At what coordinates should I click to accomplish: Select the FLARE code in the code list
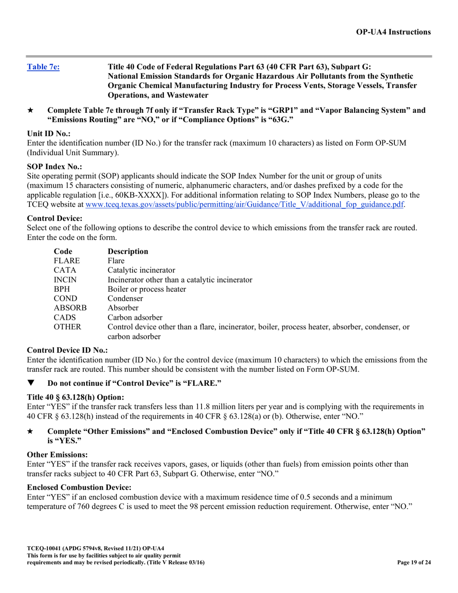pos(67,261)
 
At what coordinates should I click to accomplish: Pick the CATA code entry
pos(65,270)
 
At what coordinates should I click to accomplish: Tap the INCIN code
pos(66,280)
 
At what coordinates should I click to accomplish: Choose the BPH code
pos(62,289)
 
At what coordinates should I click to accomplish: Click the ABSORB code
pos(70,308)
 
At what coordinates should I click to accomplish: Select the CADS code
pos(65,317)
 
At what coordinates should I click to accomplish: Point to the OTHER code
pos(67,327)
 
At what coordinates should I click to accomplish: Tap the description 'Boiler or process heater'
pos(147,289)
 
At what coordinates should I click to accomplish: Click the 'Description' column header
pos(128,251)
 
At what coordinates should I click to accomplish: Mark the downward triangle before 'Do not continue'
pos(31,383)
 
